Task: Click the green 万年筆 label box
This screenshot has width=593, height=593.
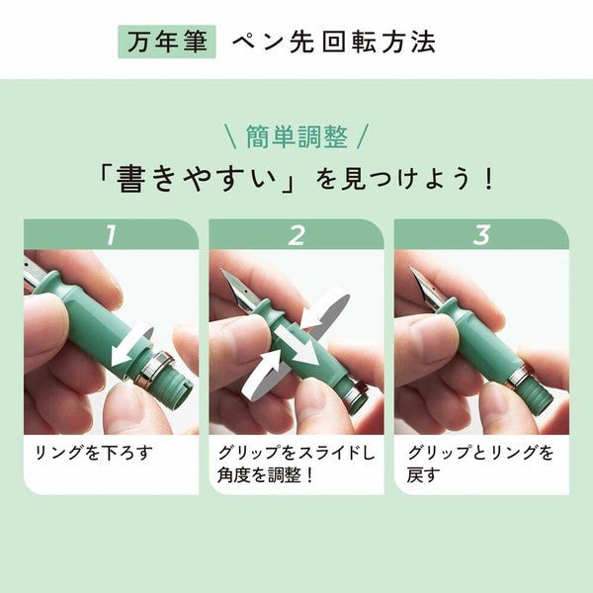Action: pos(167,42)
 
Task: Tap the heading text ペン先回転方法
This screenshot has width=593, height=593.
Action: pos(334,42)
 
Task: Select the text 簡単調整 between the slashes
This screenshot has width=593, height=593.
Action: pos(296,135)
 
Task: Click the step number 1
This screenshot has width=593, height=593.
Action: pos(111,235)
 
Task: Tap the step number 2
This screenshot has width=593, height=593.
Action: pos(296,235)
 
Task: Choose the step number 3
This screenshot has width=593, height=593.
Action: pos(481,235)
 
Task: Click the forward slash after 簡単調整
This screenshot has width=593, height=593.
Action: pos(362,136)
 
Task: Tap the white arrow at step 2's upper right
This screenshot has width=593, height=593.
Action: pos(325,307)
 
